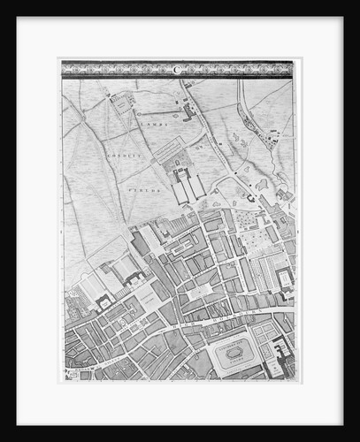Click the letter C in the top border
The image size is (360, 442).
click(x=176, y=68)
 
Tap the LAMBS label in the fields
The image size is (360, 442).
click(x=156, y=125)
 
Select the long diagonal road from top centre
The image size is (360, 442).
click(x=217, y=141)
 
